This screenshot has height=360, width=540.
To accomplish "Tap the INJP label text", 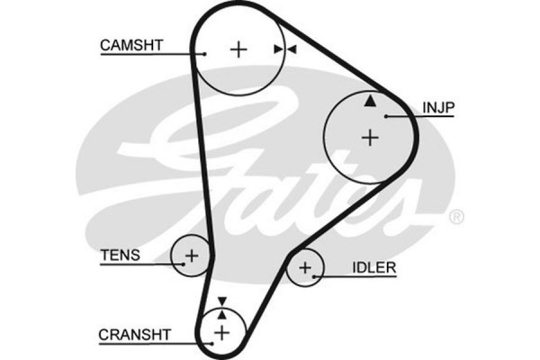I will (438, 107).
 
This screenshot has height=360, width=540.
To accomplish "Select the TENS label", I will (120, 255).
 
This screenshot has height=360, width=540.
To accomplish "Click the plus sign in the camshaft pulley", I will (238, 49).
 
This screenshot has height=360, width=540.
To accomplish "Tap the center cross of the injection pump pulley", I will (369, 137).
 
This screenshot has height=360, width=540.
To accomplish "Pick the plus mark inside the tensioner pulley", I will (190, 256).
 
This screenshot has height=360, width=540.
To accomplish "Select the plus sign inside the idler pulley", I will (306, 267).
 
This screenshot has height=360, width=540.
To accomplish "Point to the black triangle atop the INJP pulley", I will (369, 101).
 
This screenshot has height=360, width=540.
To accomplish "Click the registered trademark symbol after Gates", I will (456, 217).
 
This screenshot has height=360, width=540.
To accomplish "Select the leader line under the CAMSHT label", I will (152, 54).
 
